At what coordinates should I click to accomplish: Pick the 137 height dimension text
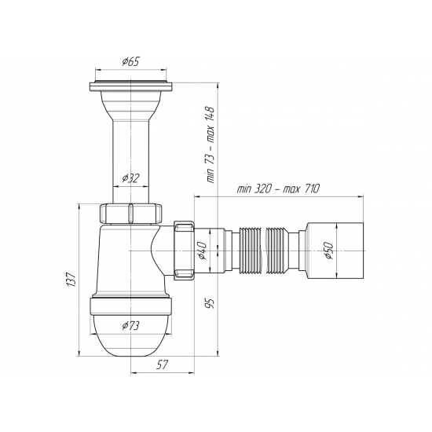[x=70, y=278]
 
